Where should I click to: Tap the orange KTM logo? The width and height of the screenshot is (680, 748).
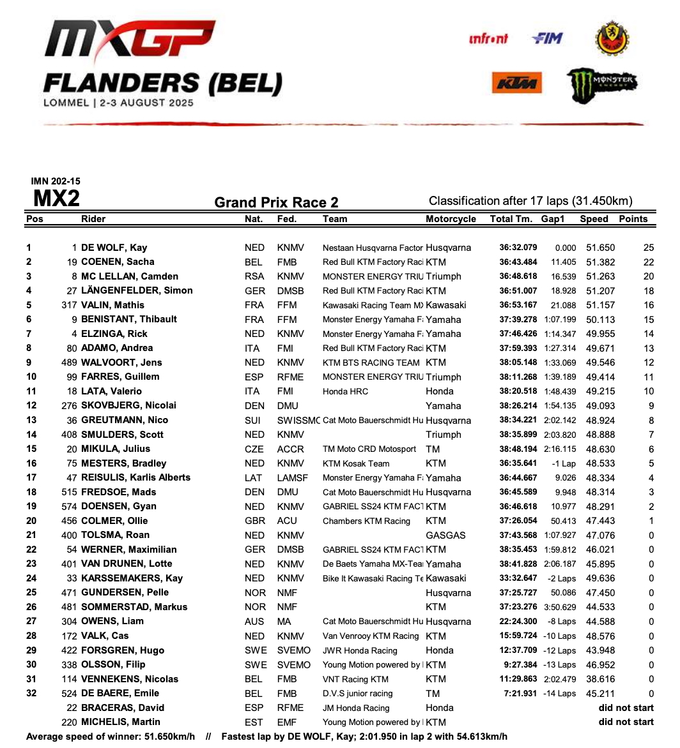click(x=517, y=83)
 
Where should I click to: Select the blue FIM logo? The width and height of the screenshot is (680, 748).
click(x=547, y=39)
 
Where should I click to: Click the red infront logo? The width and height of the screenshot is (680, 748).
click(x=488, y=39)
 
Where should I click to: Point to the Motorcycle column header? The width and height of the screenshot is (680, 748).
click(x=451, y=219)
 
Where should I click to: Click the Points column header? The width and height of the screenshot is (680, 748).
click(x=633, y=219)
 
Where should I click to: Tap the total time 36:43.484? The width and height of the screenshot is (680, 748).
click(x=518, y=262)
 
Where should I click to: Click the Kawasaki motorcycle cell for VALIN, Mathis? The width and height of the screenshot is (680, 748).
click(x=445, y=305)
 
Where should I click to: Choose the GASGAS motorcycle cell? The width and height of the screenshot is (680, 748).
click(x=445, y=535)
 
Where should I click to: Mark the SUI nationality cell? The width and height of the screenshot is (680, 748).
click(x=254, y=420)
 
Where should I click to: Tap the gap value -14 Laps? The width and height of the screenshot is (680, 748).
click(x=559, y=693)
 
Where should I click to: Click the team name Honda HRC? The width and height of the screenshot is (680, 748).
click(x=345, y=391)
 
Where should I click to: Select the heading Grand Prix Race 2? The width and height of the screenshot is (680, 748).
click(x=276, y=203)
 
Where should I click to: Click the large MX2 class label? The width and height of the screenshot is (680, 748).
click(x=56, y=199)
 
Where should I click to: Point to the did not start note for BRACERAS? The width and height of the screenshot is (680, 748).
click(x=626, y=708)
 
